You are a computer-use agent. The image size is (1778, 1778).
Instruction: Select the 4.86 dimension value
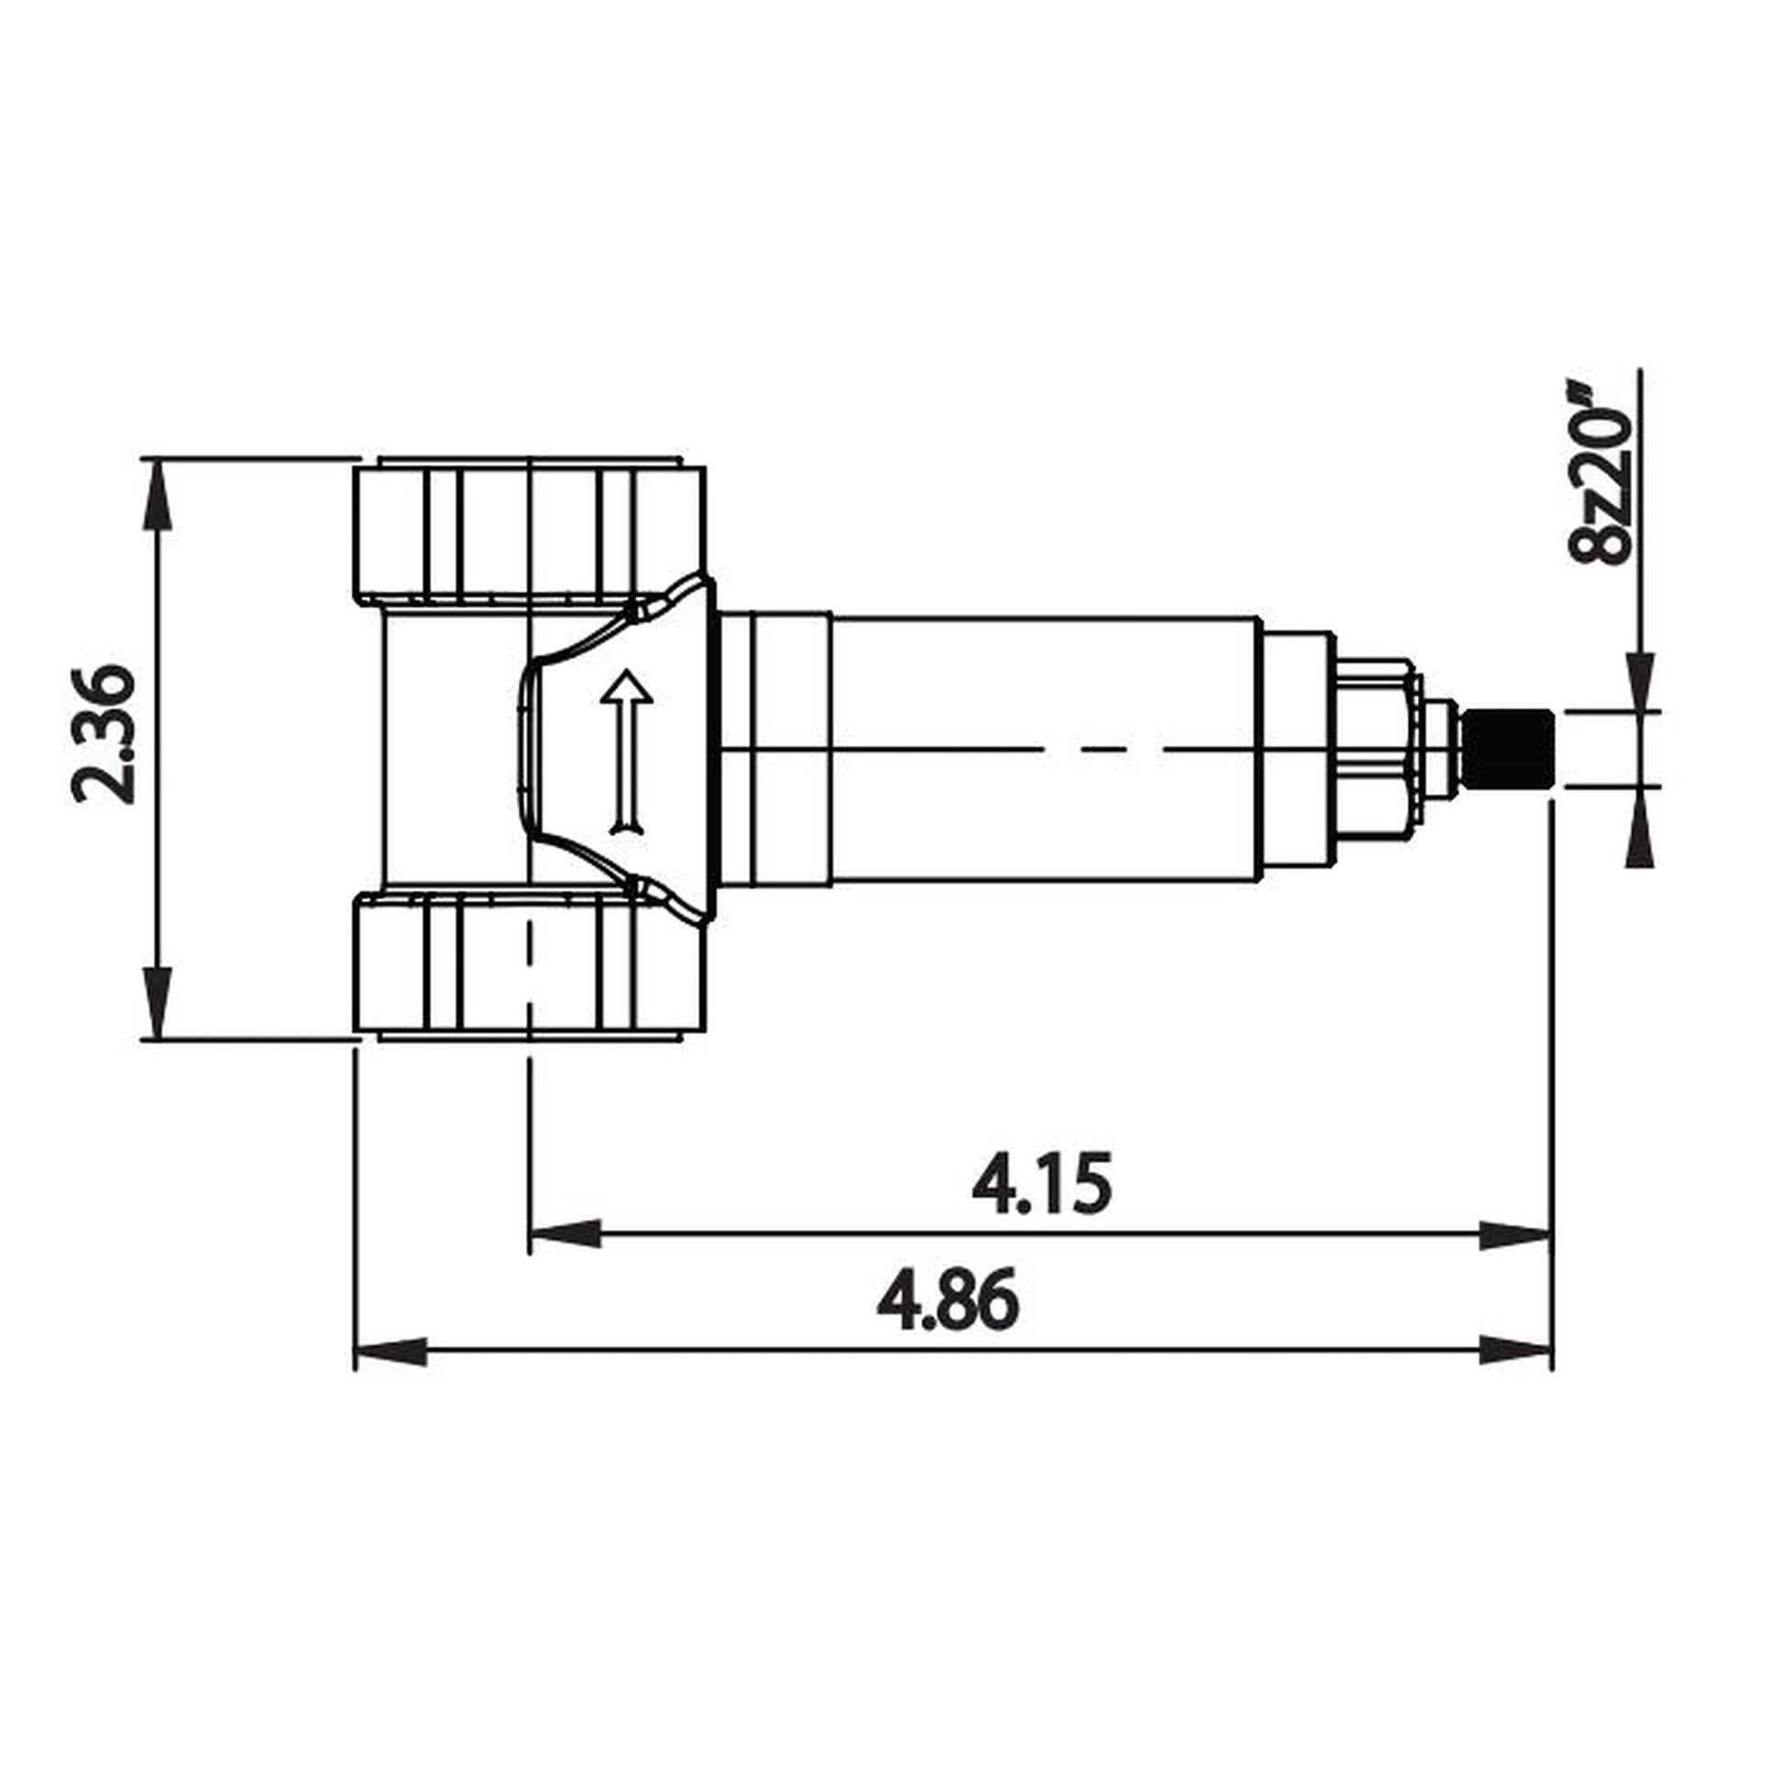click(x=947, y=1301)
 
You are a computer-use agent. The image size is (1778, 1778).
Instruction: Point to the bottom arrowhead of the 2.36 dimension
click(x=159, y=1003)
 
